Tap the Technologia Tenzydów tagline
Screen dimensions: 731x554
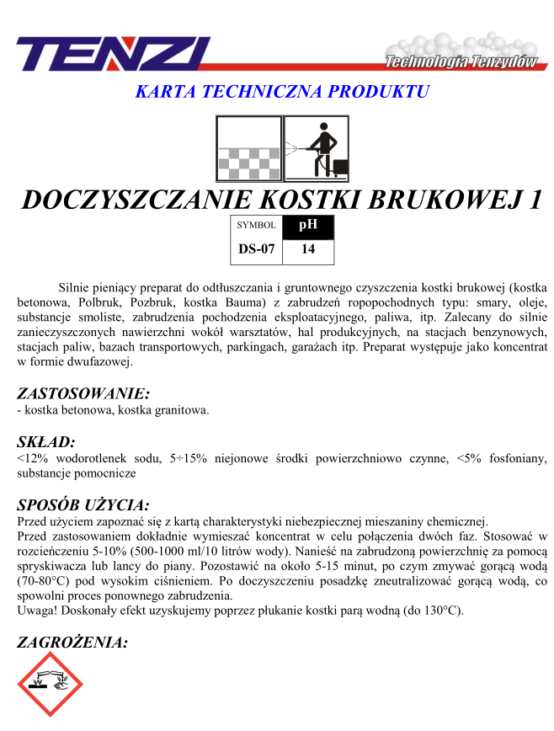point(461,61)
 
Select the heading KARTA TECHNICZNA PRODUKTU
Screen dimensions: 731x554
point(282,91)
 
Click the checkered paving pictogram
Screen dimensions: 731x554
point(248,148)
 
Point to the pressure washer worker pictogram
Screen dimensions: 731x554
point(316,148)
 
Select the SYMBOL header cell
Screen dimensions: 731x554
point(256,226)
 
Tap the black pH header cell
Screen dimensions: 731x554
point(308,226)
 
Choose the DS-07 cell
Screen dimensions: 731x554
point(256,249)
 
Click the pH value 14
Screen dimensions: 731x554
point(308,249)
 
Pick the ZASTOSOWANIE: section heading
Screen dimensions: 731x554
point(83,392)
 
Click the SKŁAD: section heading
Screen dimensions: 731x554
point(46,440)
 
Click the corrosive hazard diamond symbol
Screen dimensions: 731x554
point(50,683)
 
